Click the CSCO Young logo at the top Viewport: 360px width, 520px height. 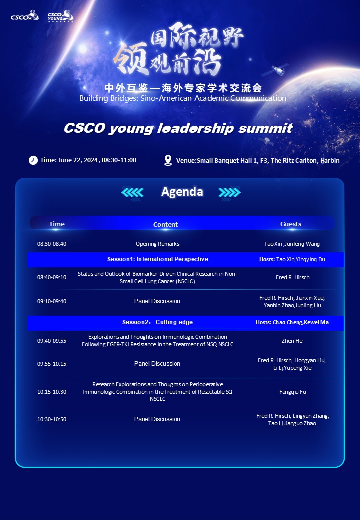60,16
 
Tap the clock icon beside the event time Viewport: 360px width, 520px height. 33,160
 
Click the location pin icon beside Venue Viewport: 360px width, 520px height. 168,160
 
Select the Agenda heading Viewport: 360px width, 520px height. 182,192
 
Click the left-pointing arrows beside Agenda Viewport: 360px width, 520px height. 132,192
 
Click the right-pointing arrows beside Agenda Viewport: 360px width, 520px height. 229,192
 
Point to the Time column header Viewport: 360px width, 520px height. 57,224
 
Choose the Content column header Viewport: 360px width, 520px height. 165,224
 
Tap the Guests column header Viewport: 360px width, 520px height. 291,224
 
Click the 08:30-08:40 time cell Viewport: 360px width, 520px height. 52,244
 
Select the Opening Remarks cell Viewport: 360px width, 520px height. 158,244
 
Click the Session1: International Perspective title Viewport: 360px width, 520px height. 158,259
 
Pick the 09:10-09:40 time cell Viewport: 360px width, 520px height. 52,301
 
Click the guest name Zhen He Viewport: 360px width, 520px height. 292,341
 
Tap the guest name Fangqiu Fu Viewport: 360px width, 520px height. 292,392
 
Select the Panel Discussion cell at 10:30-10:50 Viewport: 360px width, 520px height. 157,419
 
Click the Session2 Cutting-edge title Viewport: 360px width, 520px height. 158,322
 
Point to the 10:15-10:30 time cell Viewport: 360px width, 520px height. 52,392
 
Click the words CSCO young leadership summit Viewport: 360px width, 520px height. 178,128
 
